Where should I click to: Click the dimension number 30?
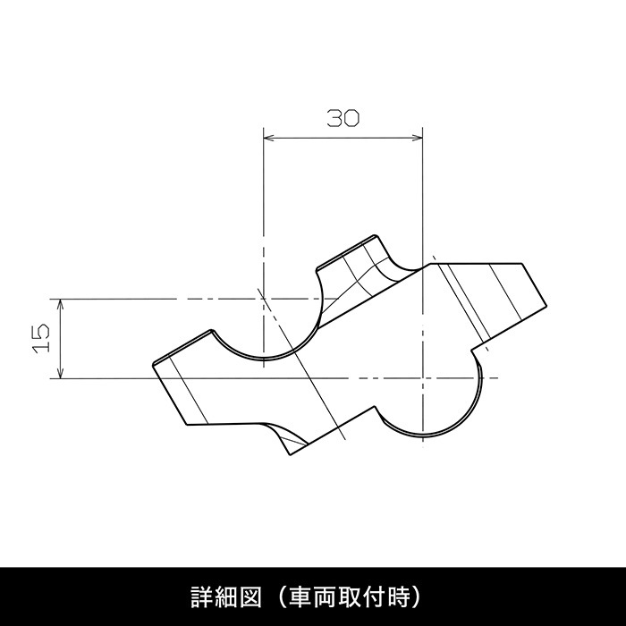(343, 118)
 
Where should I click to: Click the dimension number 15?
(41, 338)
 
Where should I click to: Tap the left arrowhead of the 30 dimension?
(268, 138)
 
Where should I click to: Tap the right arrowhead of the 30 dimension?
(418, 138)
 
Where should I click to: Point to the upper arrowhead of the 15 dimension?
(60, 304)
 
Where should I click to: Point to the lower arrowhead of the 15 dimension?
(60, 373)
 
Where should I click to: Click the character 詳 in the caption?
(201, 596)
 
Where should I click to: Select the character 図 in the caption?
(250, 596)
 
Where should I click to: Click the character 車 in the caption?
(301, 596)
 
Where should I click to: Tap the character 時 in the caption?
(399, 596)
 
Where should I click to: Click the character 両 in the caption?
(326, 596)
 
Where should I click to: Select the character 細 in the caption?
(225, 596)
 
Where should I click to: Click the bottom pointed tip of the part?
(291, 455)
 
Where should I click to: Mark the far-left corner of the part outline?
(153, 365)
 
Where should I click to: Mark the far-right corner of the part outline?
(546, 306)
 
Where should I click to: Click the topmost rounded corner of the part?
(375, 235)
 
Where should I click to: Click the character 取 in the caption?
(351, 596)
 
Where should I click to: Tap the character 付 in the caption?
(375, 596)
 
